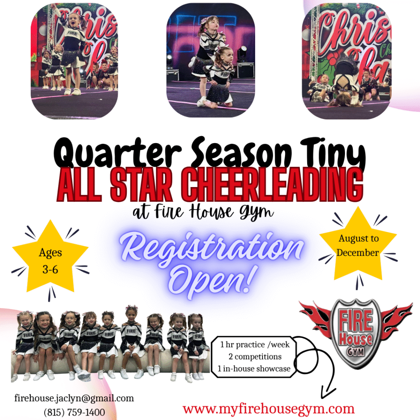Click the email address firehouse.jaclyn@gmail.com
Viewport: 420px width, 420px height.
(x=74, y=398)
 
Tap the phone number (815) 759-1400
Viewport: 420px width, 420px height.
(x=74, y=412)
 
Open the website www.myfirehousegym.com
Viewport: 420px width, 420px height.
(x=269, y=409)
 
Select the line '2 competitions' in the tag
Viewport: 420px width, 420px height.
(x=255, y=356)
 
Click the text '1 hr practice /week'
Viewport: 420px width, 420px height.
(x=255, y=345)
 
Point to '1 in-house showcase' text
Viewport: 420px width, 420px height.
(x=254, y=369)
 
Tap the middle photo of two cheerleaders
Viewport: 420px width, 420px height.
(x=210, y=60)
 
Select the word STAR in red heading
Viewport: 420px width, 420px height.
(x=142, y=185)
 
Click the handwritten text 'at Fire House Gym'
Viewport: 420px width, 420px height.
(x=203, y=212)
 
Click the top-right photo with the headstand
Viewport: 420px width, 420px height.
(x=347, y=61)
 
